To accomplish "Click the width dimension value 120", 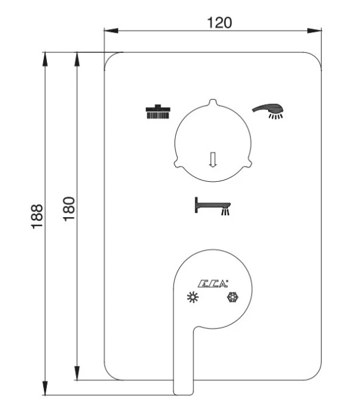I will click(x=219, y=22).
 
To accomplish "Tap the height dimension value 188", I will click(x=37, y=216).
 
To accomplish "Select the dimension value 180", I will click(x=68, y=209).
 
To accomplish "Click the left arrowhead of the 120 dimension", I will click(x=108, y=30).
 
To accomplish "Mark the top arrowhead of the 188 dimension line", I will click(x=45, y=57).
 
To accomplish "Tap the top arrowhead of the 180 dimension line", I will click(x=77, y=57).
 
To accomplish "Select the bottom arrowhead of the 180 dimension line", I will click(x=77, y=376).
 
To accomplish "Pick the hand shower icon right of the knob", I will click(x=269, y=110).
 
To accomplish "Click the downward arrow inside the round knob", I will click(x=212, y=159).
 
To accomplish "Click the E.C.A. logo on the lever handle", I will click(x=212, y=283).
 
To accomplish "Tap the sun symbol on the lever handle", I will click(x=193, y=297).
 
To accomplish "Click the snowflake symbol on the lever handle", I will click(x=232, y=297).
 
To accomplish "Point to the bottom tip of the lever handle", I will click(x=184, y=392).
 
